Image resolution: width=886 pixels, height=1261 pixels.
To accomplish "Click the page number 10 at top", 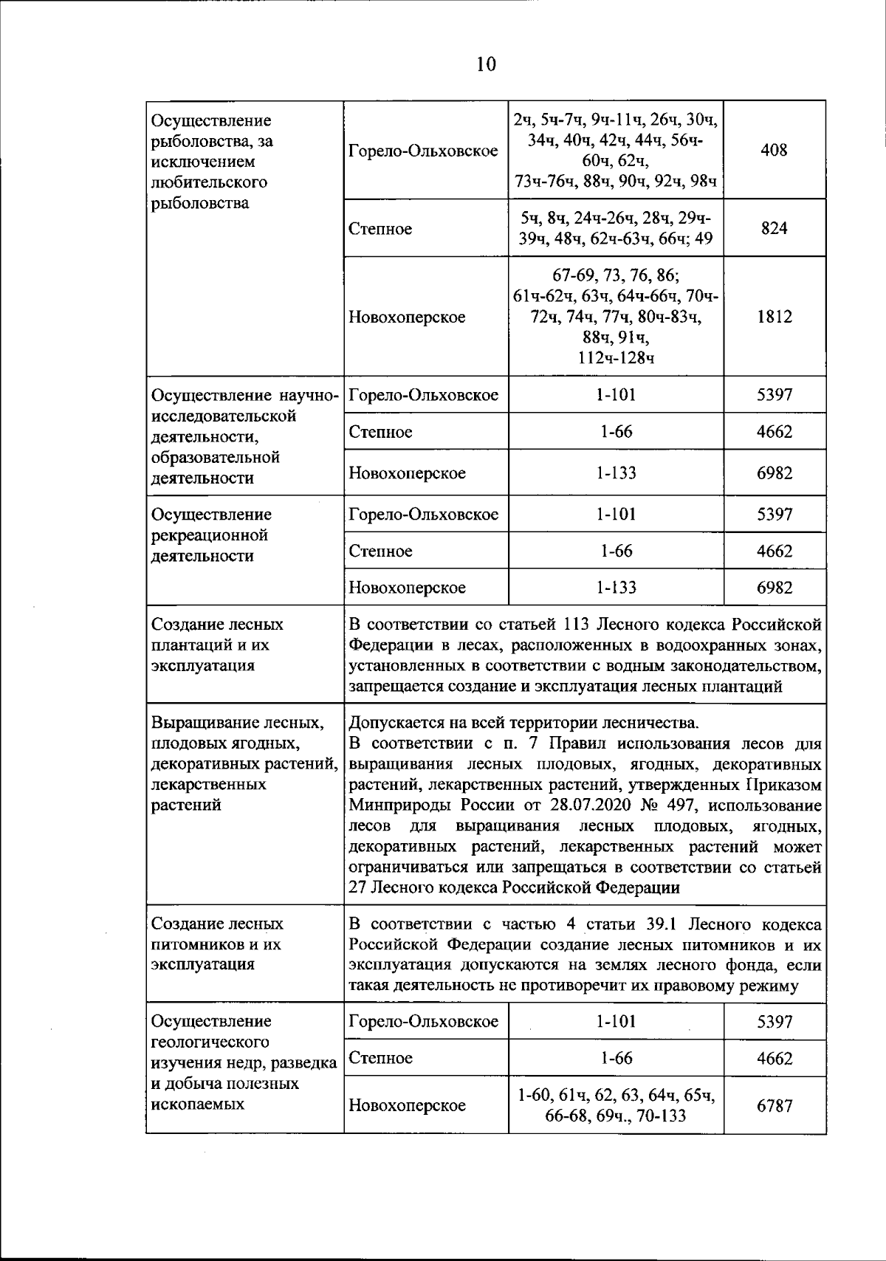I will click(x=486, y=65).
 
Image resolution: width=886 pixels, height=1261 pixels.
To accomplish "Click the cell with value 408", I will click(x=774, y=151).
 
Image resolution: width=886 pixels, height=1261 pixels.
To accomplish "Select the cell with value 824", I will click(x=774, y=228).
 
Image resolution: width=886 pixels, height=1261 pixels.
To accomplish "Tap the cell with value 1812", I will click(x=774, y=317).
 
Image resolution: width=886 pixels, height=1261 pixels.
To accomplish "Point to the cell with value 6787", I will click(x=774, y=1105).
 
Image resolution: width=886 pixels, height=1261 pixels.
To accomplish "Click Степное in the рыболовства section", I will click(x=380, y=229).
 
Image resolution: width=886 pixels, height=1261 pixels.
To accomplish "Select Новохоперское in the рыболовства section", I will click(x=407, y=317).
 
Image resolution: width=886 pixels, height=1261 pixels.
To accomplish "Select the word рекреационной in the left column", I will click(x=209, y=535).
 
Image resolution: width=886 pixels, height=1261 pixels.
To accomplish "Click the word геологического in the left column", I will click(x=209, y=1042).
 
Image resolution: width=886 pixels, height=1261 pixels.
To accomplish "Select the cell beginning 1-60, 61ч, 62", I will click(x=616, y=1105).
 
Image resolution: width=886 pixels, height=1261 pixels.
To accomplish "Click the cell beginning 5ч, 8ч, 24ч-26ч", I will click(x=616, y=228).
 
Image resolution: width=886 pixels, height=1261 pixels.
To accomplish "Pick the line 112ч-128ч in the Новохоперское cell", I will click(x=616, y=359).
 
